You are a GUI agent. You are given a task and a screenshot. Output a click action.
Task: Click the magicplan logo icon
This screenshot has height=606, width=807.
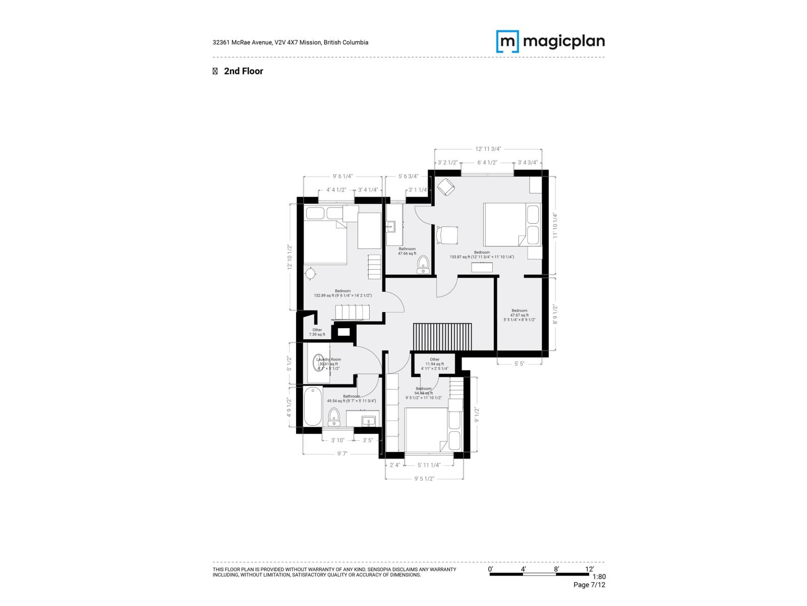[x=507, y=41]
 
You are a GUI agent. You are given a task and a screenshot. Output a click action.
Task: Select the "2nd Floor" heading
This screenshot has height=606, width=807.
[x=243, y=71]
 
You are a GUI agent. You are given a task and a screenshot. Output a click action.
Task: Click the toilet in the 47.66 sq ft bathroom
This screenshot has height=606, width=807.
[x=423, y=264]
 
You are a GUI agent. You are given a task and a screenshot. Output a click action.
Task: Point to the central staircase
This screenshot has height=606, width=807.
[x=442, y=336]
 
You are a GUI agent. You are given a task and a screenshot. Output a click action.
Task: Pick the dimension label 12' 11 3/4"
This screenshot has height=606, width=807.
[x=488, y=149]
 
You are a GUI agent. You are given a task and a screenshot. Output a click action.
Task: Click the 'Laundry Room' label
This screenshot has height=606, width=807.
[x=329, y=360]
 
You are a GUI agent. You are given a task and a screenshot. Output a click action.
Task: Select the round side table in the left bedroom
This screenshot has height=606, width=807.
[x=311, y=273]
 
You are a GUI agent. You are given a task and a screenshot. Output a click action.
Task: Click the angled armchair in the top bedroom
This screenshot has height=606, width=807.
[x=445, y=188]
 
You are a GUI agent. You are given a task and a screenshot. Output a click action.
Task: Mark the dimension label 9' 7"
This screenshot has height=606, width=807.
[x=342, y=453]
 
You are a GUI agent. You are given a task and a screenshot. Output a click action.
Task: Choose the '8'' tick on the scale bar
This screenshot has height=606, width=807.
[x=556, y=569]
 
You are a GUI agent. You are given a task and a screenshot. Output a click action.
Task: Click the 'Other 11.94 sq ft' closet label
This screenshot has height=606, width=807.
[x=434, y=362]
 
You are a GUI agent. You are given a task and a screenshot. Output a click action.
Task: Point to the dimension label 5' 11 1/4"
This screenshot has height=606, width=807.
[x=429, y=465]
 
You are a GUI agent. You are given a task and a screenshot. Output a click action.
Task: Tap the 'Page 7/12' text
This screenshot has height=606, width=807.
[x=589, y=585]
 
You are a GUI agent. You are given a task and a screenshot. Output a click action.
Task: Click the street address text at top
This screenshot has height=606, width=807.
[x=291, y=42]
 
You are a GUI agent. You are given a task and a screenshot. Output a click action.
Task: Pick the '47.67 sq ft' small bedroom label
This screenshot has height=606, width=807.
[x=519, y=315]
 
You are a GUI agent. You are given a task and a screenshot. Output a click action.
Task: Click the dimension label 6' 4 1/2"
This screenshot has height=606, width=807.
[x=487, y=163]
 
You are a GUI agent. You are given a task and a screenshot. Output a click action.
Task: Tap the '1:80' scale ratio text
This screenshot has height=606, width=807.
[x=599, y=577]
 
